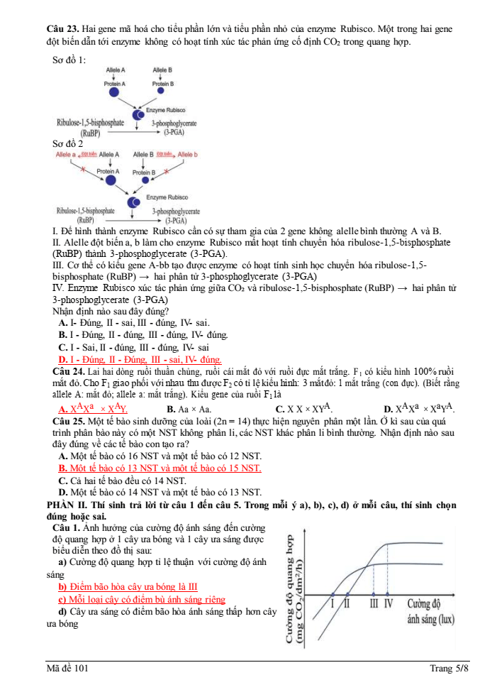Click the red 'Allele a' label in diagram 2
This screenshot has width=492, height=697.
pyautogui.click(x=66, y=154)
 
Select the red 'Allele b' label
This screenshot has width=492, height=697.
pyautogui.click(x=188, y=154)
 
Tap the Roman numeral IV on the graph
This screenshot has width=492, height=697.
pyautogui.click(x=388, y=603)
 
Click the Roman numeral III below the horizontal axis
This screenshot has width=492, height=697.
pyautogui.click(x=373, y=603)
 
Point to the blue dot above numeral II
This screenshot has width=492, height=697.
pyautogui.click(x=347, y=594)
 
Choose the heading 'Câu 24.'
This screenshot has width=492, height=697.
pyautogui.click(x=69, y=371)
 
